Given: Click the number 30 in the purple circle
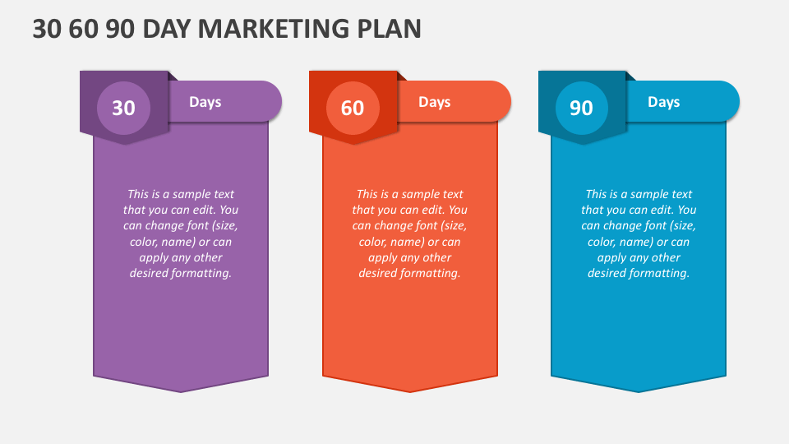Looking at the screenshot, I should click(x=123, y=108).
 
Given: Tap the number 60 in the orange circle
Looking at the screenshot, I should click(x=352, y=108).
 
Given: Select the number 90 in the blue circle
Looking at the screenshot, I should click(x=581, y=108).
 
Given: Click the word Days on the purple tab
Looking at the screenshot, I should click(x=205, y=102).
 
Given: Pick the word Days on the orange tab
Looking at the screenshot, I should click(x=434, y=102).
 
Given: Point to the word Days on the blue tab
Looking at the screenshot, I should click(x=663, y=102).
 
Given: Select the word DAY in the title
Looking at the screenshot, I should click(x=168, y=29).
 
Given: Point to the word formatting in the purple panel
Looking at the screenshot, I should click(x=202, y=273).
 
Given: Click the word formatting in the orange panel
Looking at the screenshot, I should click(x=431, y=273).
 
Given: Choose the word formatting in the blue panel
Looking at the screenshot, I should click(x=660, y=273).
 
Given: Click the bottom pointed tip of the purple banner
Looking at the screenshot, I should click(x=181, y=391).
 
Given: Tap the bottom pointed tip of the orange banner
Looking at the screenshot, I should click(x=409, y=391).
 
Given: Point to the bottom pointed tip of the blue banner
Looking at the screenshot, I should click(x=639, y=391).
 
